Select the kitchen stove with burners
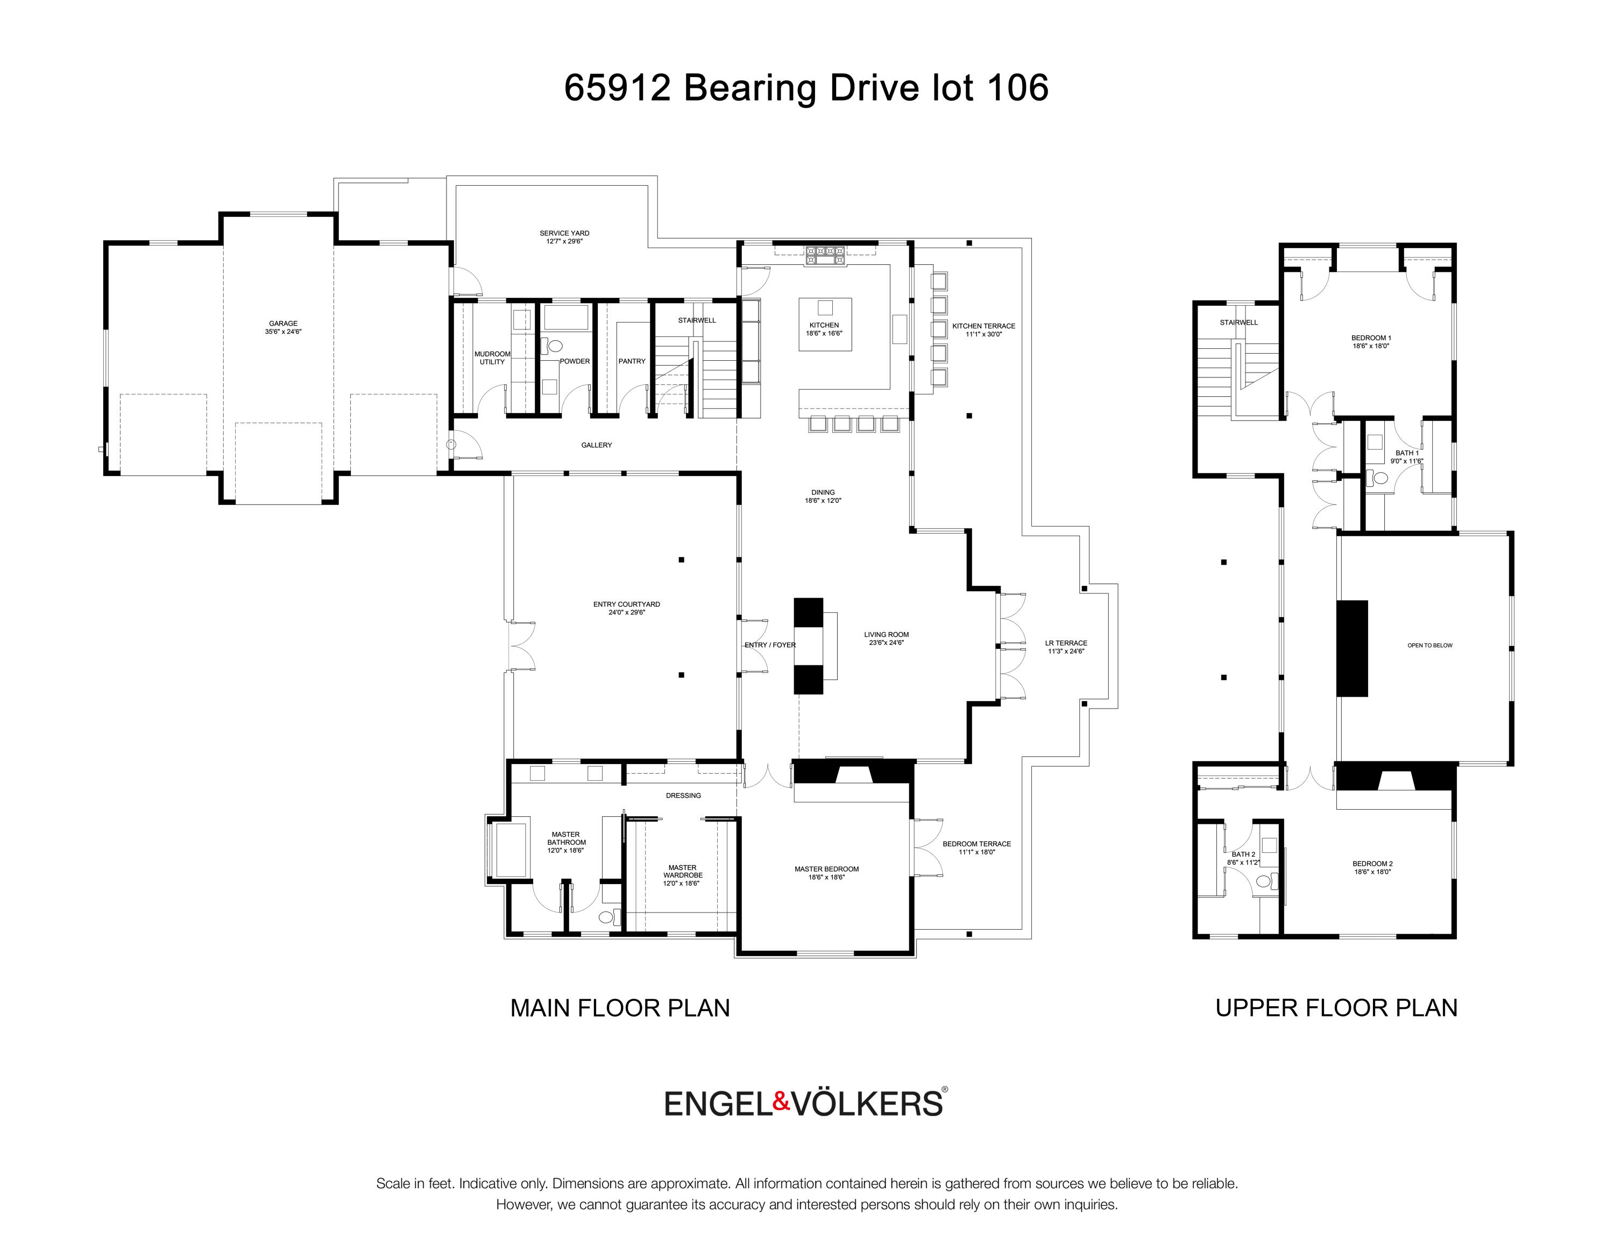point(825,255)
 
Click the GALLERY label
point(597,445)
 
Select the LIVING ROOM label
point(887,634)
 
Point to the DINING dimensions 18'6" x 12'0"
point(823,501)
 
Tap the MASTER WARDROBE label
point(682,872)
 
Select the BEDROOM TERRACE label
point(976,844)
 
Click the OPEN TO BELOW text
point(1430,646)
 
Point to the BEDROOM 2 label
point(1372,864)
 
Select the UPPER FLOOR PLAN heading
point(1336,1008)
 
